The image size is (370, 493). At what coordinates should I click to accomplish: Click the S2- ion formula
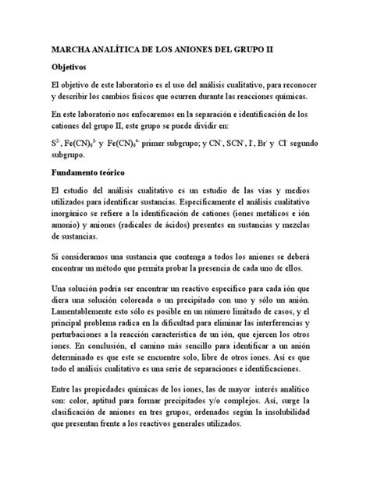56,144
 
